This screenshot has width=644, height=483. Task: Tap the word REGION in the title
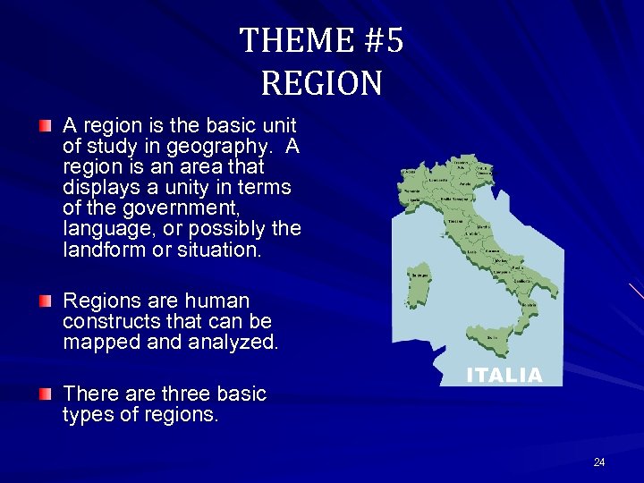click(x=322, y=83)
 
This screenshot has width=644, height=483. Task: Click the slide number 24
click(x=598, y=462)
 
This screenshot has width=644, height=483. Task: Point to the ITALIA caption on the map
click(x=504, y=376)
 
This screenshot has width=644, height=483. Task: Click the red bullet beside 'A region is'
click(x=45, y=124)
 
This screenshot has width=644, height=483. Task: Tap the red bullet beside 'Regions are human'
click(x=45, y=300)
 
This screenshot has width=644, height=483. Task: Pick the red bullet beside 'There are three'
click(x=45, y=393)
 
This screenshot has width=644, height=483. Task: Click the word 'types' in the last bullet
click(x=85, y=415)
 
